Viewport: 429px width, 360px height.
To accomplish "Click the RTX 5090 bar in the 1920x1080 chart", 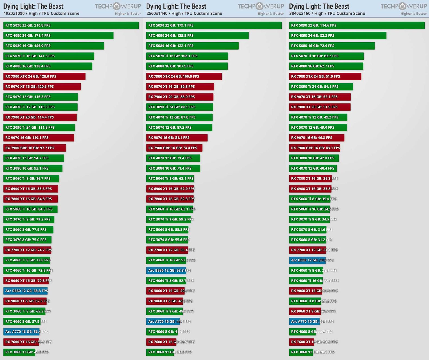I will (71, 25).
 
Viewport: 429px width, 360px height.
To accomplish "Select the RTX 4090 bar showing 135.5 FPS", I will (197, 36).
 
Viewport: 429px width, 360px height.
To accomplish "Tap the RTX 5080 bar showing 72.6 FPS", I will (332, 46).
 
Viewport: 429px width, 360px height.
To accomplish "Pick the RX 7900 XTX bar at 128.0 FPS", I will (44, 76).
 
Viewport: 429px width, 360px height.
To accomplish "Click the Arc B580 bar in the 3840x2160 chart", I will (307, 260).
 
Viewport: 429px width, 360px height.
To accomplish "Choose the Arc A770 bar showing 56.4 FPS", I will (21, 332).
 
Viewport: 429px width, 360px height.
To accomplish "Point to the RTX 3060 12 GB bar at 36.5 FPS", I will (160, 352).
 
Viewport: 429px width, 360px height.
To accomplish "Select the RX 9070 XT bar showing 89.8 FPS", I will (180, 87).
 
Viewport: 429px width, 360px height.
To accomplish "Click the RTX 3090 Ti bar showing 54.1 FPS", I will (321, 87).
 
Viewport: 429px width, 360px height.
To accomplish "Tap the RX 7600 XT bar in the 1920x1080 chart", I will (21, 342).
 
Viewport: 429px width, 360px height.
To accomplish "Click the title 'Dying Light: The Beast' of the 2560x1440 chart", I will (176, 6).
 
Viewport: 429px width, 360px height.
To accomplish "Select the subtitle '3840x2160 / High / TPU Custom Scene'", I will (327, 13).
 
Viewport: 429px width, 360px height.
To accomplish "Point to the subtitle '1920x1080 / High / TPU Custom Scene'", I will (41, 13).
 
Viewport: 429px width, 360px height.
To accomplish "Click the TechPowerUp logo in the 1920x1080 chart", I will (118, 6).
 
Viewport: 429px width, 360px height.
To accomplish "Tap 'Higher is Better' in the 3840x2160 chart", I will (414, 14).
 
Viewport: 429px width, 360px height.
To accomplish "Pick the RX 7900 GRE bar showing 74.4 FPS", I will (174, 148).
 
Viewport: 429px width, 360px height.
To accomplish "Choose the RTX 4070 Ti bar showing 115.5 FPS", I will (40, 107).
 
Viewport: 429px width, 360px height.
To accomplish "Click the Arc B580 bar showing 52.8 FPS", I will (166, 271).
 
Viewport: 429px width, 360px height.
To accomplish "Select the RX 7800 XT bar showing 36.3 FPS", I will (310, 179).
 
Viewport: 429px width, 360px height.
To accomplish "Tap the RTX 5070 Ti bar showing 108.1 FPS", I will (187, 56).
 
